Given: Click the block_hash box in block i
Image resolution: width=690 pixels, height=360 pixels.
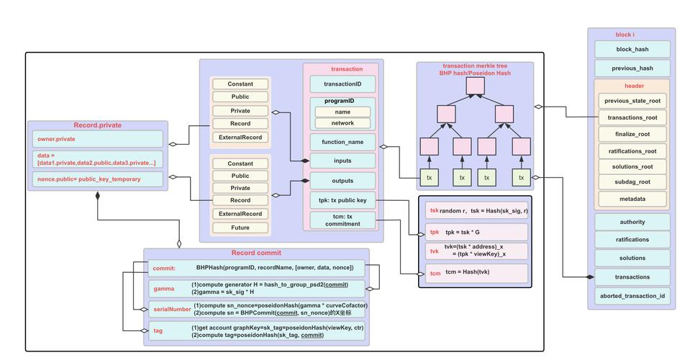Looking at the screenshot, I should pyautogui.click(x=632, y=50).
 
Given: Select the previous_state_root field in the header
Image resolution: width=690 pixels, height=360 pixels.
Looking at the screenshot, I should pyautogui.click(x=632, y=101).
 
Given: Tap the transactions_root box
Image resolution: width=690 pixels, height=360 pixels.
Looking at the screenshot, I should pyautogui.click(x=632, y=117).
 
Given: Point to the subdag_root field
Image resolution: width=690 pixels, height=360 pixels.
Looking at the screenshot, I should pyautogui.click(x=632, y=182).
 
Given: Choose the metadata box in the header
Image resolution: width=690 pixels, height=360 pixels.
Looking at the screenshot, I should pyautogui.click(x=632, y=199).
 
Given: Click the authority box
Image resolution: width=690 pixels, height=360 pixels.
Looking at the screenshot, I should pyautogui.click(x=632, y=222).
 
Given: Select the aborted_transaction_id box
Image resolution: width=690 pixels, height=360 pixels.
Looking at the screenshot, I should pyautogui.click(x=632, y=296).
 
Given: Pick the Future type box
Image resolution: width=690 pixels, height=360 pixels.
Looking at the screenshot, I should pyautogui.click(x=240, y=228).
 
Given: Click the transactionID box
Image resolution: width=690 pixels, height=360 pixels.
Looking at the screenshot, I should pyautogui.click(x=342, y=84).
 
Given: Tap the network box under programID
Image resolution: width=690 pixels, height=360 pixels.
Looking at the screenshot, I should pyautogui.click(x=342, y=123).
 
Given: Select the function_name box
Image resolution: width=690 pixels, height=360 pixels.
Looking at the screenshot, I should pyautogui.click(x=342, y=142).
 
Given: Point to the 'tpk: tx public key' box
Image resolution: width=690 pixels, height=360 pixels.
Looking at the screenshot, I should pyautogui.click(x=342, y=200).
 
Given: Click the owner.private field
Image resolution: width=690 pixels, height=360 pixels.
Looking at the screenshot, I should pyautogui.click(x=97, y=139).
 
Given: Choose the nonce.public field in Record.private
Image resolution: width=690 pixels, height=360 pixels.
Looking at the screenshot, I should pyautogui.click(x=97, y=179).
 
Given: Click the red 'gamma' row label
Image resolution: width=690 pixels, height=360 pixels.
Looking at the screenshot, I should pyautogui.click(x=163, y=289).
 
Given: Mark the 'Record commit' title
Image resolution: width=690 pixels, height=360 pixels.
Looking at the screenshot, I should pyautogui.click(x=256, y=253).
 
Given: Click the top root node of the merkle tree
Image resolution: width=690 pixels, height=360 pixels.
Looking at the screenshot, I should pyautogui.click(x=475, y=86).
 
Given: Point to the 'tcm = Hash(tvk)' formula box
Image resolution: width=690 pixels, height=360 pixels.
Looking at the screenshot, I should pyautogui.click(x=476, y=274).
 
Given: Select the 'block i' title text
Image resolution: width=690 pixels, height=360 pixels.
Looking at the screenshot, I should pyautogui.click(x=625, y=35).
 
